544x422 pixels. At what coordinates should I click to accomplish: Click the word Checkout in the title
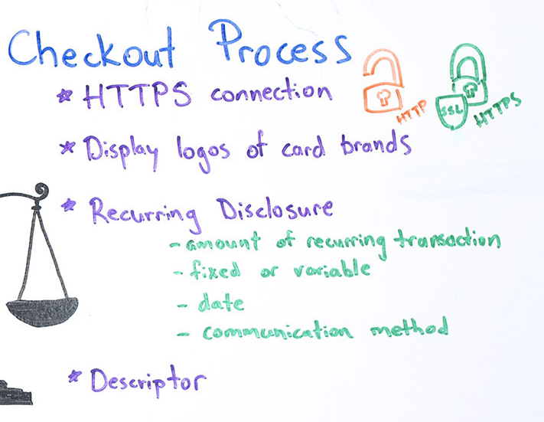92,47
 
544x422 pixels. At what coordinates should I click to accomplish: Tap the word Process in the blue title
280,44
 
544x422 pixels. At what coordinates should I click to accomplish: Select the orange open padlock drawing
383,82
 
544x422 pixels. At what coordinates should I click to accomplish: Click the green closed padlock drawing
469,74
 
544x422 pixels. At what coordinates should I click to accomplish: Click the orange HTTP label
412,112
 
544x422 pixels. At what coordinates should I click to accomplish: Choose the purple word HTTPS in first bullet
137,95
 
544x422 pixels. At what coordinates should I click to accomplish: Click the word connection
271,91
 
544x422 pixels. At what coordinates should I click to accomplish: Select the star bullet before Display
67,147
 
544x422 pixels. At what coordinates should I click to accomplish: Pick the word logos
203,153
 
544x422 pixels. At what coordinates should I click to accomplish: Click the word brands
376,144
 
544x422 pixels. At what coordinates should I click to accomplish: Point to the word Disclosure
275,209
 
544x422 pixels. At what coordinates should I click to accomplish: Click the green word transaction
448,240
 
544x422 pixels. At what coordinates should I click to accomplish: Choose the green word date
221,303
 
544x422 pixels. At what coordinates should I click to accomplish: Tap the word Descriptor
148,381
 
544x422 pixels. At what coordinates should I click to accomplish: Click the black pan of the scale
42,311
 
